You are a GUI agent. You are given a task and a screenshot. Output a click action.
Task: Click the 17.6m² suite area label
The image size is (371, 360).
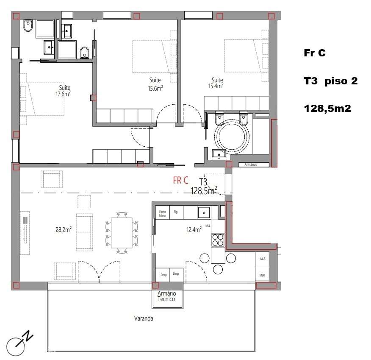[x=62, y=94]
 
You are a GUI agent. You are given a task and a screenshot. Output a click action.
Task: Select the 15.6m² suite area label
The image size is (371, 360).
[x=155, y=88]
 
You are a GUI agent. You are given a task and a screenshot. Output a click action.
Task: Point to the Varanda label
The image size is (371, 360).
[x=144, y=318]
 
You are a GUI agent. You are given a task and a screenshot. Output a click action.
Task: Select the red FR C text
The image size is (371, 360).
[x=180, y=180]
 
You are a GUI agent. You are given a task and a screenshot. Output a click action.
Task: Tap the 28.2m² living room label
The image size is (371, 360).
[x=63, y=229]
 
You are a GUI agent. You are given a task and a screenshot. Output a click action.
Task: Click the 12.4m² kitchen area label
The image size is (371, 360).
[x=193, y=230]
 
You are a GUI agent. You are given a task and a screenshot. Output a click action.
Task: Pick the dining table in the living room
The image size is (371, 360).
[x=122, y=233]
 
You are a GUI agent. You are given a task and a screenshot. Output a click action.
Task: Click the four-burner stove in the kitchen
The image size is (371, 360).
[x=218, y=240]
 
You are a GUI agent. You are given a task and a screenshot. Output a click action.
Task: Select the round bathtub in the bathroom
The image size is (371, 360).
[x=232, y=135]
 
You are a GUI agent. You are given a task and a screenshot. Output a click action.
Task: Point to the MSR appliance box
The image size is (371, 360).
[x=262, y=276]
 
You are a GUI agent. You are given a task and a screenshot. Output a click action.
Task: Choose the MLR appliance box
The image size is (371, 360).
[x=263, y=258]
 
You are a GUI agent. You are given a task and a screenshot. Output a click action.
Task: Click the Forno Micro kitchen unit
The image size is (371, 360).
[x=162, y=213]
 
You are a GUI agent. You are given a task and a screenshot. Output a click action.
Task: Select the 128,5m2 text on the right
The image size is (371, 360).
[x=327, y=109]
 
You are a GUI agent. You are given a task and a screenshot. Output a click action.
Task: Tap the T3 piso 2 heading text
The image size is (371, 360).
[x=330, y=81]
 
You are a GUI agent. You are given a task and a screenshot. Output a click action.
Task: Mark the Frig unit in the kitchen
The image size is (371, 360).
[x=176, y=212]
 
